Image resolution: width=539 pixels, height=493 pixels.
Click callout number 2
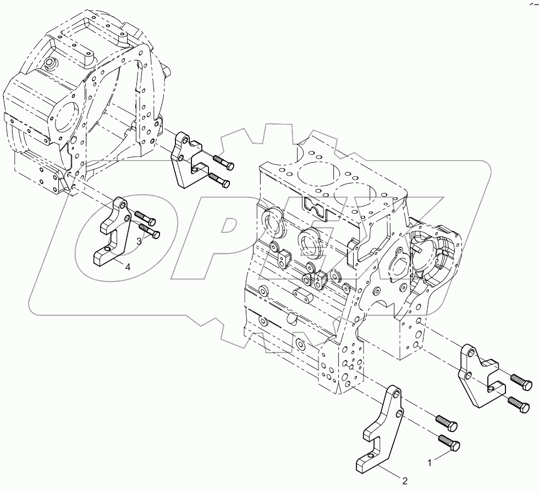click(405, 481)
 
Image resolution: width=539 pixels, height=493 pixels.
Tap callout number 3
click(139, 241)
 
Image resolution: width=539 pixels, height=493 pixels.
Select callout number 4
click(128, 267)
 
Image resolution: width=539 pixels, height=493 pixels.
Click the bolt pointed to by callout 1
click(450, 443)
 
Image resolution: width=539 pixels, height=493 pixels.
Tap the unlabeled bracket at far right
click(478, 380)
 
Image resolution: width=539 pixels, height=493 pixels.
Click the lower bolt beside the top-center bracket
click(219, 181)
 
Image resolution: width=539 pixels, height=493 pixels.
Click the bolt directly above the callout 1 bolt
click(447, 423)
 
